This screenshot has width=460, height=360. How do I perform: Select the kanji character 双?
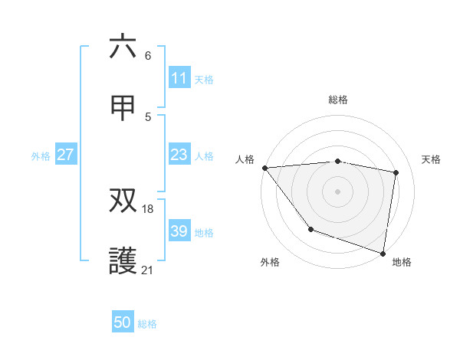[123, 201]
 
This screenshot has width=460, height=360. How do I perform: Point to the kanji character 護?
[123, 261]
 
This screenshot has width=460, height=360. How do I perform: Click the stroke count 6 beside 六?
[148, 55]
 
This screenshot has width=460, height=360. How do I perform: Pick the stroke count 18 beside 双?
[149, 208]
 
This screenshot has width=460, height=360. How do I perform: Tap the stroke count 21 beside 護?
[148, 270]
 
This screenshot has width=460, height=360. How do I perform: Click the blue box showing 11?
[179, 78]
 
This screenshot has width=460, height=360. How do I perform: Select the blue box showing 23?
[179, 155]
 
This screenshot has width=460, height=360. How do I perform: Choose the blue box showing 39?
[179, 231]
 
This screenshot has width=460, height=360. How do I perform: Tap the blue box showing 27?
[65, 155]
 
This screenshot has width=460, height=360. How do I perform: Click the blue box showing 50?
[123, 322]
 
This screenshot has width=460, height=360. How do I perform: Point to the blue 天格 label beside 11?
[204, 79]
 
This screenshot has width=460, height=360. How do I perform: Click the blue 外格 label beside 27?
[41, 156]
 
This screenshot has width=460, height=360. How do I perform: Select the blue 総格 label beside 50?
[147, 324]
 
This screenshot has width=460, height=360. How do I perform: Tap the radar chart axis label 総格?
[338, 100]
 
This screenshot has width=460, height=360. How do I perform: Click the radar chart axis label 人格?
[245, 159]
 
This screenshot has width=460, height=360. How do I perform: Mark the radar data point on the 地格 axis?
[383, 253]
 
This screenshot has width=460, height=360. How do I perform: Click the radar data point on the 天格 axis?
[396, 172]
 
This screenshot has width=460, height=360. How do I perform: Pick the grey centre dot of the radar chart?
[337, 191]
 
